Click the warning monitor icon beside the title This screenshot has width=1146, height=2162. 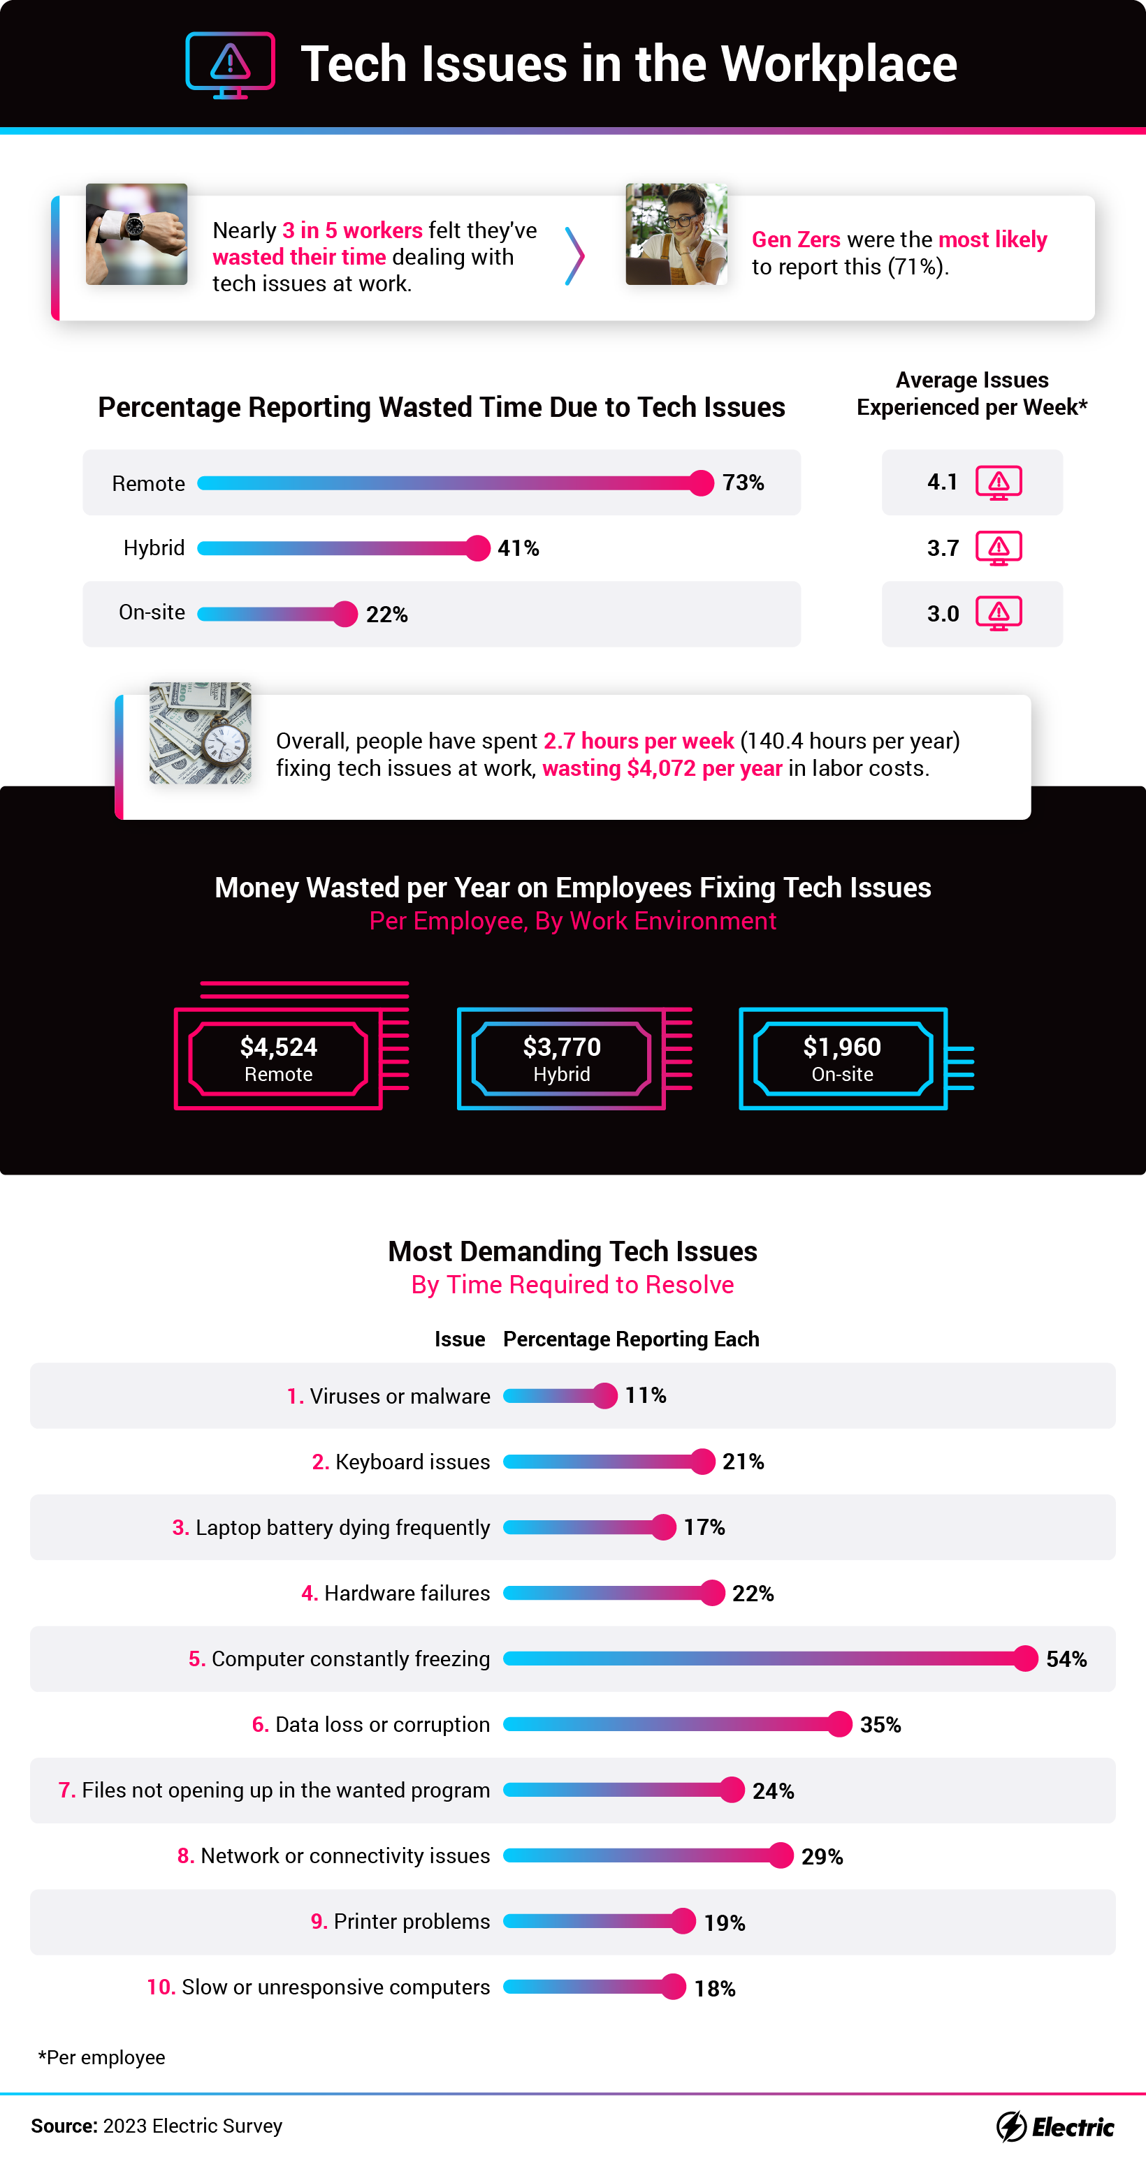point(230,65)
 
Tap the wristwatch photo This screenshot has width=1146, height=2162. point(136,234)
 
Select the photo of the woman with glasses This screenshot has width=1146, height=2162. point(676,234)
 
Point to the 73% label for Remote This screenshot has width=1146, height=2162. point(743,483)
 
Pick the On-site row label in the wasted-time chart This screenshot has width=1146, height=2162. point(152,612)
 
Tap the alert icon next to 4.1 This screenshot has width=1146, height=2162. point(999,483)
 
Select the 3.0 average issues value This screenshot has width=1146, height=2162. point(943,614)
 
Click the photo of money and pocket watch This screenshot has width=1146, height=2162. point(200,733)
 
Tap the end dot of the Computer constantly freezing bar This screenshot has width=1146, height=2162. point(1025,1659)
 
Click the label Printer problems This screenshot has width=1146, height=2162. point(412,1922)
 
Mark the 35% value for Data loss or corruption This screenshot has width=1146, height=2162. point(880,1725)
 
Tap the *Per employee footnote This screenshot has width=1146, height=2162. point(101,2057)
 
